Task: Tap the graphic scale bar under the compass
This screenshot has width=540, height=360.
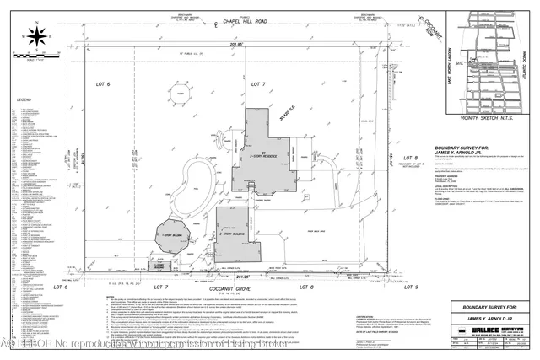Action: (35, 57)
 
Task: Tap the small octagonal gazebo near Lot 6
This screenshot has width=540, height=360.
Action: (181, 97)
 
